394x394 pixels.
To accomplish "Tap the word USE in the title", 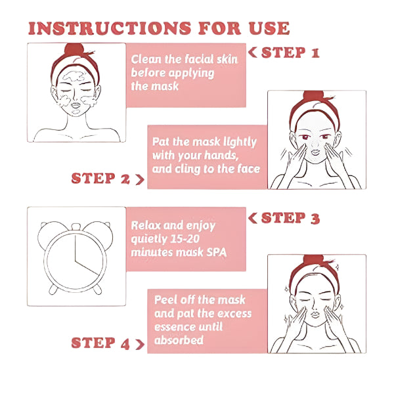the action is tap(269, 28).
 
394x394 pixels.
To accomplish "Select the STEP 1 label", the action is tap(290, 53).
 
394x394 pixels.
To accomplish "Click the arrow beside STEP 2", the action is tap(140, 179).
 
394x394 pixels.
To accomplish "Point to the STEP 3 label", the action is tap(290, 218).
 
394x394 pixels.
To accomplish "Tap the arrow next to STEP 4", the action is tap(140, 344).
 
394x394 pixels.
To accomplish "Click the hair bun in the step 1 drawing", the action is tap(74, 50).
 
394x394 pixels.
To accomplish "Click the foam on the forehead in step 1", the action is tap(73, 76).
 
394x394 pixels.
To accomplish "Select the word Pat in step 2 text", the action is tap(161, 141).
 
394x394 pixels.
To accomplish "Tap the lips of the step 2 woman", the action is tap(315, 152).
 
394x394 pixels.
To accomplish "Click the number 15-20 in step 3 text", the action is tap(185, 239).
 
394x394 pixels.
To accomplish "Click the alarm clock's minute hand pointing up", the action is tap(75, 248).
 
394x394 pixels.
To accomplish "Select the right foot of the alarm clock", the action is tap(97, 290).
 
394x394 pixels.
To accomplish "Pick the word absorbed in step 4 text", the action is tap(179, 340).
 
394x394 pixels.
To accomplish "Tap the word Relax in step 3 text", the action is tap(146, 225).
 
